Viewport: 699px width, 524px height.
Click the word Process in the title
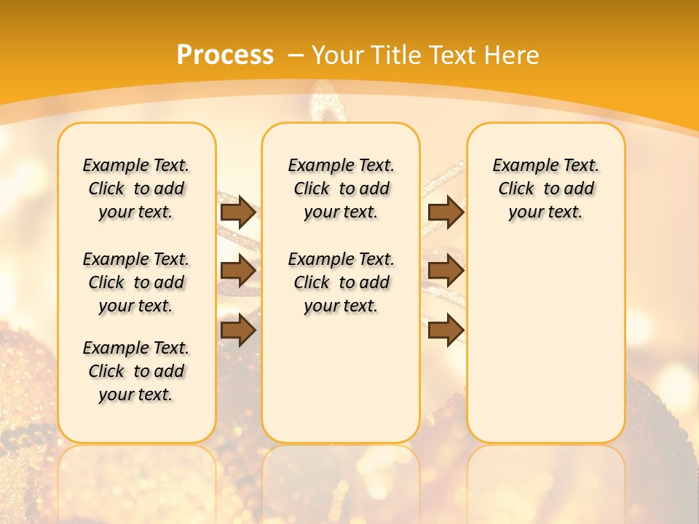coord(225,55)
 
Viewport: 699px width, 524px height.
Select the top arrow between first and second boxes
coord(238,212)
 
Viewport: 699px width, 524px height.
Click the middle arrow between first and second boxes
coord(238,271)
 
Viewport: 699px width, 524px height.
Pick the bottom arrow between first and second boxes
coord(238,330)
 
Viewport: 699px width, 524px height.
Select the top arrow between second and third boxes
coord(446,212)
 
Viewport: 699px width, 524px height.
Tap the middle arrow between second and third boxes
coord(446,271)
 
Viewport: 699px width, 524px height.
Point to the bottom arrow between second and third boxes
coord(446,330)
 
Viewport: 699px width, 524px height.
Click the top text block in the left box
coord(136,188)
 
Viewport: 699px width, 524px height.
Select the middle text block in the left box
coord(136,282)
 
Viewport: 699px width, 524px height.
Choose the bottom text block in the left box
coord(136,371)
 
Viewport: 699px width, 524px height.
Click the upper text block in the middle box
coord(341,188)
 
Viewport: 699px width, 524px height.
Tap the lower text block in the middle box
coord(341,282)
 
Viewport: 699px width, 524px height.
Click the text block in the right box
coord(546,188)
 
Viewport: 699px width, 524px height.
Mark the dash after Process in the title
coord(296,55)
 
